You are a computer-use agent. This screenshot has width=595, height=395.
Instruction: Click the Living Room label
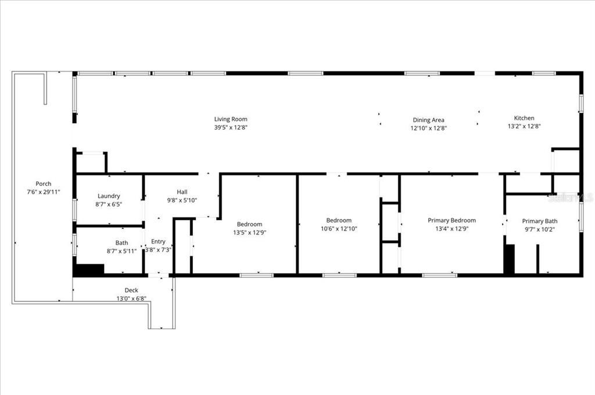point(231,119)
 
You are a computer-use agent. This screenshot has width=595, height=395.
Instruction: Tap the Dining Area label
point(429,120)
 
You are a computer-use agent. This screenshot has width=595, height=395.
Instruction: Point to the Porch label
point(44,184)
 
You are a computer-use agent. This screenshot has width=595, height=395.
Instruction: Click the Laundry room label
point(109,196)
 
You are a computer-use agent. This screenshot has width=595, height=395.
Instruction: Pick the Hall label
point(182,192)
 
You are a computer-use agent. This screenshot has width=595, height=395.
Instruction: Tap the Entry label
point(158,242)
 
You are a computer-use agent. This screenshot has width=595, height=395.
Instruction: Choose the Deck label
point(131,290)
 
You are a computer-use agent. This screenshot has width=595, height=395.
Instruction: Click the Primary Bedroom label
point(451,220)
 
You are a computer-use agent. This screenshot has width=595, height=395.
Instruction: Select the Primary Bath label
point(539,221)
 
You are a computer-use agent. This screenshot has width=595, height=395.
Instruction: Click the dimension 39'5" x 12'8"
point(231,127)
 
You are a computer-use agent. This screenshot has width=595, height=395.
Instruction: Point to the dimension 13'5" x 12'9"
point(249,232)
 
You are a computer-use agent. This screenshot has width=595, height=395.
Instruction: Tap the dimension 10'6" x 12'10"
point(339,229)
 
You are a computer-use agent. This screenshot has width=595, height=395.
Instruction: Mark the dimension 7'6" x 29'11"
point(44,192)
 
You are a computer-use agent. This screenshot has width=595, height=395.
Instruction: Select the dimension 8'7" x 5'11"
point(121,251)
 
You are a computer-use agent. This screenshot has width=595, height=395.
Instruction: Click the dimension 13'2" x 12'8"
point(524,126)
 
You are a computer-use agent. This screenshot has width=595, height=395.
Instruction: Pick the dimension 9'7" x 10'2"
point(539,229)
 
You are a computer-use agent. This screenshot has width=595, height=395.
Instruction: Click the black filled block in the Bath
point(89,270)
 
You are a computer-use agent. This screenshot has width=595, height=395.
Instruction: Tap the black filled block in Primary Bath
point(509,259)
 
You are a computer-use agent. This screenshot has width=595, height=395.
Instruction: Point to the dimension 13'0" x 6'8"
point(131,299)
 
